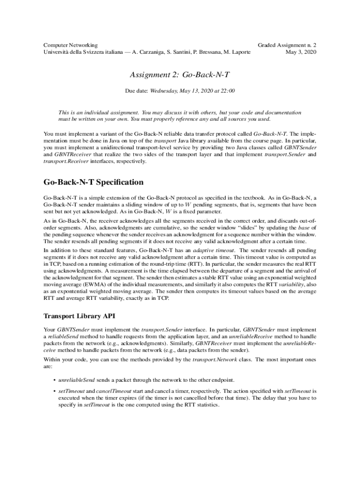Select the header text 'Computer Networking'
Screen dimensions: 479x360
(x=71, y=45)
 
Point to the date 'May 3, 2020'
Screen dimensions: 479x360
(x=301, y=52)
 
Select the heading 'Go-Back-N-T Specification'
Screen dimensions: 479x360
(x=94, y=182)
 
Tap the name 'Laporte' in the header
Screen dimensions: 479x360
(x=239, y=52)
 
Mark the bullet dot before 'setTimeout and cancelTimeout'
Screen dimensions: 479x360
(x=55, y=391)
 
